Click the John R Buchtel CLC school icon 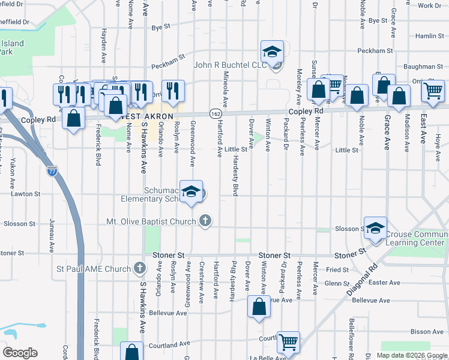(272, 52)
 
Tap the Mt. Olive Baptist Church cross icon (205, 221)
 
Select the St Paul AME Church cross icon (140, 268)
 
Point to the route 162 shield (215, 113)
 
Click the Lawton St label (26, 194)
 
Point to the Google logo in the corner (20, 352)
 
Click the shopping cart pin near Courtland (289, 342)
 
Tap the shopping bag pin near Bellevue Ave (258, 307)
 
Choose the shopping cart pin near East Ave (433, 91)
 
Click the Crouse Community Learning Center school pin (375, 228)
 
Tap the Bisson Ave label (427, 332)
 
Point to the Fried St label (337, 270)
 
